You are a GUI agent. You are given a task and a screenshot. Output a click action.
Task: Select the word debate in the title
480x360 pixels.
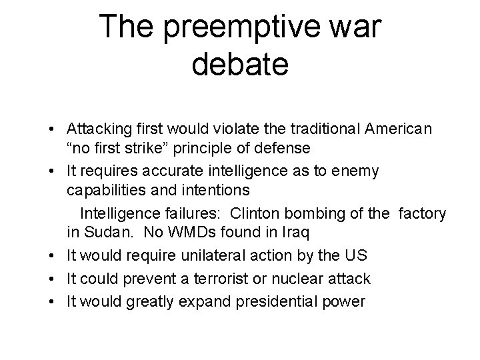[x=239, y=65]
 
